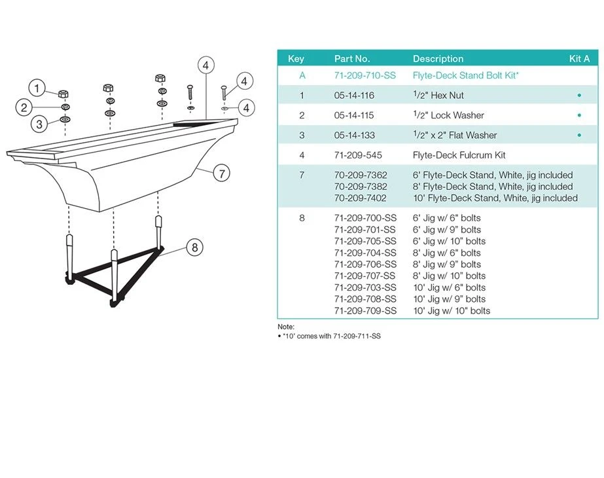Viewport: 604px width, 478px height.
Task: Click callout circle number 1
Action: (37, 88)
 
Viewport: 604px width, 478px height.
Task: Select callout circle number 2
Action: (24, 107)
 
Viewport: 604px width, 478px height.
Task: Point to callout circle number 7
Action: (222, 174)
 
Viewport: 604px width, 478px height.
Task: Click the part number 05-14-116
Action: (354, 96)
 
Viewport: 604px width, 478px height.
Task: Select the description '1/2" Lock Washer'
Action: (448, 115)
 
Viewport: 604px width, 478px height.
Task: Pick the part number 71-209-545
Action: (358, 155)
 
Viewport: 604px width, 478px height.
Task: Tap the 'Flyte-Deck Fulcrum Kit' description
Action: (459, 155)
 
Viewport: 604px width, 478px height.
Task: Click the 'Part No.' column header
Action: (352, 59)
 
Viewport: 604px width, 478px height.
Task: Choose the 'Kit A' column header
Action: (579, 59)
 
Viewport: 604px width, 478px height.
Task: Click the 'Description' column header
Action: (438, 59)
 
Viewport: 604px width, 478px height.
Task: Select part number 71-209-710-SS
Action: (365, 75)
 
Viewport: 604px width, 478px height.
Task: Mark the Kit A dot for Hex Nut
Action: (579, 96)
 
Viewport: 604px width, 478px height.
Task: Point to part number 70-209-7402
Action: (361, 198)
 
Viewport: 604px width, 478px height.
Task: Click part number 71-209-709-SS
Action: (365, 310)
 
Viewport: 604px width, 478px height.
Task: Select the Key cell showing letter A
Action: (302, 75)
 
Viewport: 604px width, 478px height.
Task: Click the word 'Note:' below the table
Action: (286, 326)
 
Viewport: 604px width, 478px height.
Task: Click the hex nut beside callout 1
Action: (65, 92)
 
